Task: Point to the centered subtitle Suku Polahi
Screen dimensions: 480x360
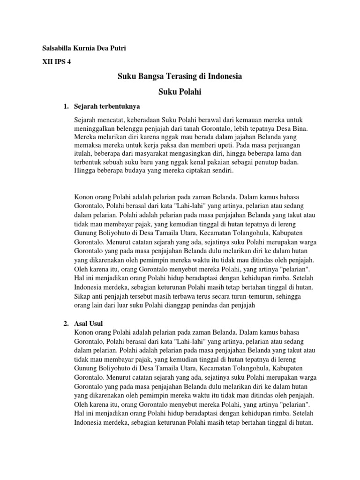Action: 180,92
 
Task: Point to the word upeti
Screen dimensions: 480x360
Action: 181,145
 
